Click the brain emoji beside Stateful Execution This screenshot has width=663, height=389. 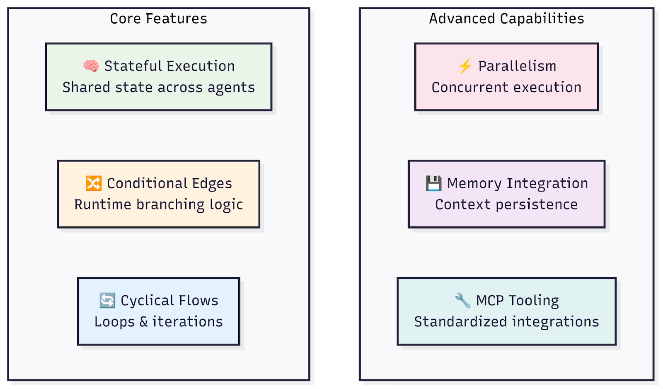pyautogui.click(x=91, y=66)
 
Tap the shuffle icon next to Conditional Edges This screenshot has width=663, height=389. pyautogui.click(x=94, y=183)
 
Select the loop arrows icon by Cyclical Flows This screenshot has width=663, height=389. pyautogui.click(x=107, y=300)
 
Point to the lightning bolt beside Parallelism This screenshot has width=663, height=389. pyautogui.click(x=465, y=66)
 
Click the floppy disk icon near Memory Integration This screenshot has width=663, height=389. pyautogui.click(x=433, y=183)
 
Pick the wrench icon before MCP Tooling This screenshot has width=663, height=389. pyautogui.click(x=462, y=300)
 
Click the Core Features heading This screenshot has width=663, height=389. pyautogui.click(x=158, y=19)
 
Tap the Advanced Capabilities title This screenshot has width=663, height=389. pyautogui.click(x=506, y=19)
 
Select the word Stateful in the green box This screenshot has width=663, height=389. pyautogui.click(x=131, y=66)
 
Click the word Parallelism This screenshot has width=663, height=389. pyautogui.click(x=518, y=66)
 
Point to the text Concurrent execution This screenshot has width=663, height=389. pyautogui.click(x=506, y=88)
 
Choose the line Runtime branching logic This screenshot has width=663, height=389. pyautogui.click(x=158, y=205)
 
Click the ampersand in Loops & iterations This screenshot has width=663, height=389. pyautogui.click(x=143, y=322)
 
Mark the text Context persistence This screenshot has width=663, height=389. pyautogui.click(x=506, y=205)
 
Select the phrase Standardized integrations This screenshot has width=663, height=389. pyautogui.click(x=506, y=322)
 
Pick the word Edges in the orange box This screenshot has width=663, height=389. pyautogui.click(x=212, y=184)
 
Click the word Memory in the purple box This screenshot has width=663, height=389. pyautogui.click(x=474, y=184)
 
